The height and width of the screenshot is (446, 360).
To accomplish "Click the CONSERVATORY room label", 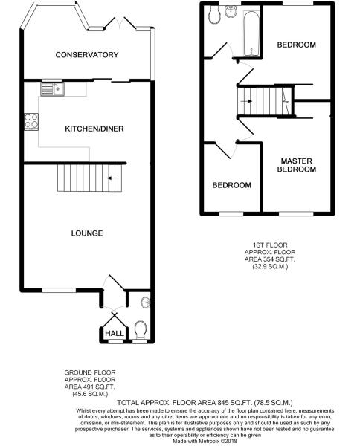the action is tap(87, 54).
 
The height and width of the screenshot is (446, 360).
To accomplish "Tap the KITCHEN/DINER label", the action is tap(94, 129).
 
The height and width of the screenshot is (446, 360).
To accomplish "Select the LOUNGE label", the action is tap(87, 233).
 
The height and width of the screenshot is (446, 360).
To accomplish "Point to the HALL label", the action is tap(115, 333).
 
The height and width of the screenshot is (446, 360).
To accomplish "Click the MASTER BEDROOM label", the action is tap(296, 165).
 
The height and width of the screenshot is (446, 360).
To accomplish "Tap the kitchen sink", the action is tap(52, 89).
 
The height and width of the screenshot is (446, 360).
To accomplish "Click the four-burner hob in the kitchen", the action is tap(31, 122).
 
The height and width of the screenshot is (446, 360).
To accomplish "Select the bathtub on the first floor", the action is tap(251, 33).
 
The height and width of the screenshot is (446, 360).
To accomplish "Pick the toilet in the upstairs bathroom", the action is tap(214, 15).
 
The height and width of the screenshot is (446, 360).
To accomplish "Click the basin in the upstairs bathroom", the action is tap(231, 11).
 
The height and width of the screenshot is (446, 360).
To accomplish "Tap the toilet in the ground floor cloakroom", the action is tap(140, 330).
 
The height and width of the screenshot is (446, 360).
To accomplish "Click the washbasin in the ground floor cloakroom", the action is tap(146, 303).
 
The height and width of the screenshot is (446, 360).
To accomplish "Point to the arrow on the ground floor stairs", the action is tap(113, 178).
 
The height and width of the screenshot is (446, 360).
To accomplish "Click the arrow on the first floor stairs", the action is tap(246, 101).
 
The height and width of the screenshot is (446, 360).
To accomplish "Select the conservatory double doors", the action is tap(120, 23).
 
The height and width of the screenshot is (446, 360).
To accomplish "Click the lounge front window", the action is tap(59, 290).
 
